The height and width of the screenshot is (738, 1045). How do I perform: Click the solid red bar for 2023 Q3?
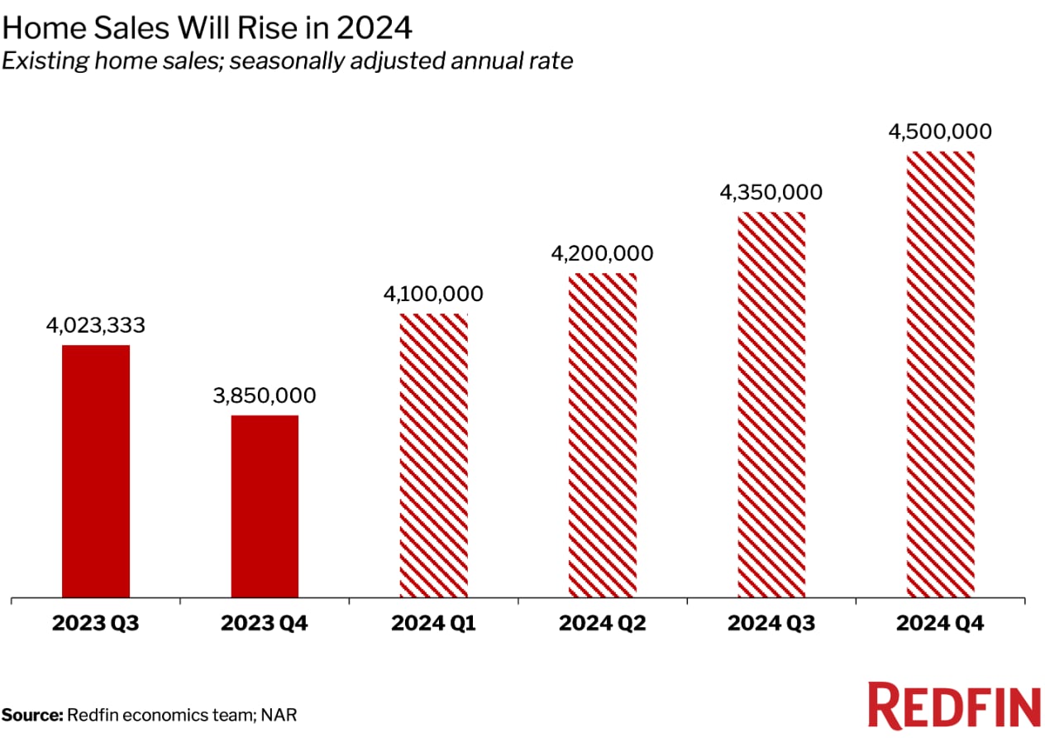(96, 470)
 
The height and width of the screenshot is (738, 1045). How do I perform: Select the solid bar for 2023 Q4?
(265, 505)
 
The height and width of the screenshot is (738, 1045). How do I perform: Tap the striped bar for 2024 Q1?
(433, 455)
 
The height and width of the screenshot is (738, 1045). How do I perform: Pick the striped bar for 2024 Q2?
(603, 434)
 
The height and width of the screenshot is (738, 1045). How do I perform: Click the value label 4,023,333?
(96, 325)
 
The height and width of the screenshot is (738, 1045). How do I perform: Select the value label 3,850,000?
(265, 395)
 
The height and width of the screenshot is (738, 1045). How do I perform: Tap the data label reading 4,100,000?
(433, 294)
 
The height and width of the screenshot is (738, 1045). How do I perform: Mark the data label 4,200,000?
(603, 253)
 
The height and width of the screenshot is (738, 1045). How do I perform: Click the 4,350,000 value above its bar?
(771, 193)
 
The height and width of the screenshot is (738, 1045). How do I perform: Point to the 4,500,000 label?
(940, 132)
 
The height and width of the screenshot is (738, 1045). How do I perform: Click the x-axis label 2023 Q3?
(96, 623)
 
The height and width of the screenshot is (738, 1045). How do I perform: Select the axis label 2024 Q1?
(433, 623)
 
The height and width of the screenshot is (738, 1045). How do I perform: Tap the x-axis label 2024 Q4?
(940, 623)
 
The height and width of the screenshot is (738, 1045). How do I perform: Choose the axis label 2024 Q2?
(603, 623)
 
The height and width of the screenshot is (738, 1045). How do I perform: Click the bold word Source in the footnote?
(31, 715)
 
